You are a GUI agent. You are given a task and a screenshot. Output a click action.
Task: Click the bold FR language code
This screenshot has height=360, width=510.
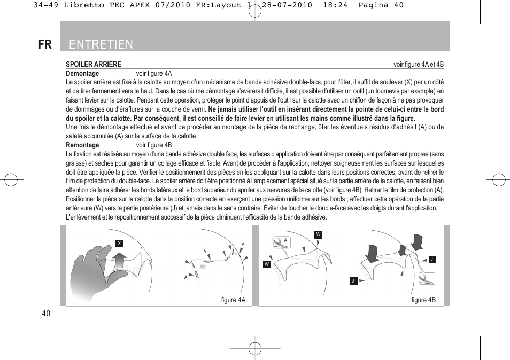(45, 44)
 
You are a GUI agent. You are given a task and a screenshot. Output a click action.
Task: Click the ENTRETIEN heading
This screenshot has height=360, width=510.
(101, 44)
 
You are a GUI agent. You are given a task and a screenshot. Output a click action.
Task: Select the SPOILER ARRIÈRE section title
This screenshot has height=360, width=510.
(94, 64)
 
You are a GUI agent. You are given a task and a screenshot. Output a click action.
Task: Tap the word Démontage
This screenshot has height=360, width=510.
(82, 74)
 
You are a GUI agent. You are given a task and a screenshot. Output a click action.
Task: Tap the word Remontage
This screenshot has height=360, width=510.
(82, 145)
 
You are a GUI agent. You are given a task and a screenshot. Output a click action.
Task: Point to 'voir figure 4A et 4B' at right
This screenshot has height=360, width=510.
(419, 65)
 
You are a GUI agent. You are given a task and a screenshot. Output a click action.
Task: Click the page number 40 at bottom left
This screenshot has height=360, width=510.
(45, 314)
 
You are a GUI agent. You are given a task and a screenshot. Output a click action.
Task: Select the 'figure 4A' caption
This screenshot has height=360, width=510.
(233, 300)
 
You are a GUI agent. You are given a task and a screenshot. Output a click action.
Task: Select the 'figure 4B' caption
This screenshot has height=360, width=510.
(423, 300)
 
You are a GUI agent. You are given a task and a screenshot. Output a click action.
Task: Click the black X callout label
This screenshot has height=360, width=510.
(119, 244)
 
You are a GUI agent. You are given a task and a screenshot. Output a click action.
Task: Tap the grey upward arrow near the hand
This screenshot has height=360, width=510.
(120, 263)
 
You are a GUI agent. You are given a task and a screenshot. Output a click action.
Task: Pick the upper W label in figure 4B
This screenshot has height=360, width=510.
(318, 234)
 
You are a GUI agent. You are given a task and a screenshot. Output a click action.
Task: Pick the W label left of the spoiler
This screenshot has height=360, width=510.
(266, 264)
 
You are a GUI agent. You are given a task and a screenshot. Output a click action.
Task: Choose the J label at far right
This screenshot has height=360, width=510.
(432, 259)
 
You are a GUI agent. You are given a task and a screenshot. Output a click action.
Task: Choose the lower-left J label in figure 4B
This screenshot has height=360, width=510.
(353, 280)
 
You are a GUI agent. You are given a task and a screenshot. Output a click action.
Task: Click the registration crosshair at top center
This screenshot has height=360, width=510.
(255, 11)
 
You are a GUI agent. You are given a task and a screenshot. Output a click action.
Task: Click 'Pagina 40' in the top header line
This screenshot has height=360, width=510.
(381, 5)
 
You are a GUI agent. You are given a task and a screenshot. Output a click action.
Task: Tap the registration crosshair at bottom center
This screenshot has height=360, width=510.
(255, 348)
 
